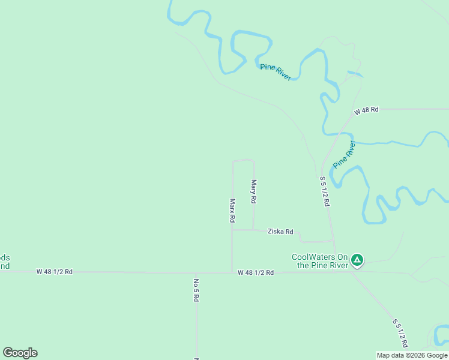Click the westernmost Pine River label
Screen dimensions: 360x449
click(x=276, y=71)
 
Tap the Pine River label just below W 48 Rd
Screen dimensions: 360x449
click(x=344, y=154)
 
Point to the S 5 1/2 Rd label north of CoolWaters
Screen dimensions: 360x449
click(x=324, y=191)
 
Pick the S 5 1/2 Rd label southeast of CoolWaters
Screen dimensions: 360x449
click(x=400, y=333)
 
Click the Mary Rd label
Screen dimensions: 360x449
click(x=254, y=191)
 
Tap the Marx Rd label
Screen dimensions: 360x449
click(x=232, y=211)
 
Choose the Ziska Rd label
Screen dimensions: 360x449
click(x=280, y=231)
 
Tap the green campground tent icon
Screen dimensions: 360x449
click(x=357, y=260)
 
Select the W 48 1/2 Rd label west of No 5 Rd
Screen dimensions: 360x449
click(x=54, y=271)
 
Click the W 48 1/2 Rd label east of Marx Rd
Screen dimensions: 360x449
click(x=256, y=272)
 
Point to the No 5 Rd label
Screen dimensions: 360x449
click(x=196, y=290)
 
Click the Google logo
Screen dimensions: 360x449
click(x=20, y=353)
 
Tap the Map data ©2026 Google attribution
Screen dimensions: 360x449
click(x=412, y=355)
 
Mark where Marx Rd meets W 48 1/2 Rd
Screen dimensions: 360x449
click(x=232, y=272)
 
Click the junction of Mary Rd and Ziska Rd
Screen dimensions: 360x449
click(x=253, y=230)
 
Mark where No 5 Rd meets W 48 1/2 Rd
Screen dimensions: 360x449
click(x=196, y=272)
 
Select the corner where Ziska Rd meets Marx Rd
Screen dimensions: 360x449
click(x=232, y=230)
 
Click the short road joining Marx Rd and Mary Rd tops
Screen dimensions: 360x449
click(x=243, y=160)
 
